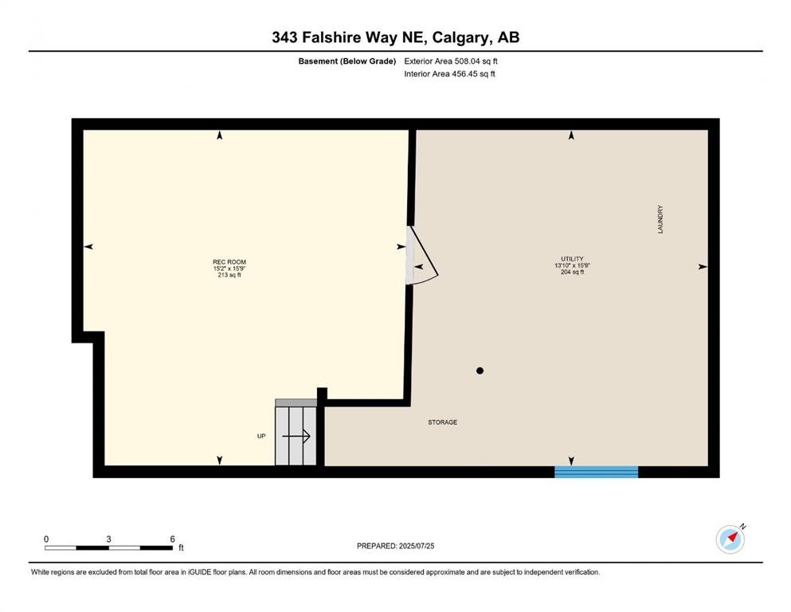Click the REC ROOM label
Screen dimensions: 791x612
(x=229, y=262)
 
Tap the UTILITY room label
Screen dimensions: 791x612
(x=572, y=259)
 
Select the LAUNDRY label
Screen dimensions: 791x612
(x=660, y=219)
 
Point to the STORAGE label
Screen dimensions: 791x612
(x=442, y=422)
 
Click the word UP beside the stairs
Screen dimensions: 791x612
(x=261, y=436)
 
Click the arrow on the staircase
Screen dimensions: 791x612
(x=296, y=436)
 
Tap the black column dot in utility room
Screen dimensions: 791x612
(x=480, y=371)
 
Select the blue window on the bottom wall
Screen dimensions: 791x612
(x=597, y=472)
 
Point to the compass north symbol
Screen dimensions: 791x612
(x=730, y=539)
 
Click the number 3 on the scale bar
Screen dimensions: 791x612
(x=108, y=539)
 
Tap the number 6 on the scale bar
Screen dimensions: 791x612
(x=172, y=539)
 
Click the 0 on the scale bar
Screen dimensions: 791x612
(x=46, y=539)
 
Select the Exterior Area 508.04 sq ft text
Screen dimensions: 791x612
(x=451, y=61)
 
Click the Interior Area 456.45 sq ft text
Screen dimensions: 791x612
(x=449, y=73)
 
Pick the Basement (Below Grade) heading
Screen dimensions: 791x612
(x=347, y=61)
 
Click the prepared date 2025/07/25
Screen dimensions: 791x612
(x=416, y=546)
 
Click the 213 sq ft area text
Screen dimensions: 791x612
(x=229, y=275)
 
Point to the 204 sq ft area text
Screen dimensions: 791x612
(x=572, y=272)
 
